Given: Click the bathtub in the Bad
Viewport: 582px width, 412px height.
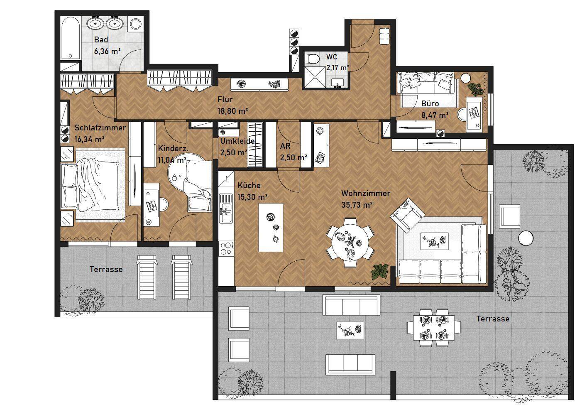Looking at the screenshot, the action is click(x=71, y=39).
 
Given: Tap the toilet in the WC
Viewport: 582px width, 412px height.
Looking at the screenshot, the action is click(x=312, y=58).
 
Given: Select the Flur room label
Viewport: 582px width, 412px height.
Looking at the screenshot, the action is click(x=225, y=99).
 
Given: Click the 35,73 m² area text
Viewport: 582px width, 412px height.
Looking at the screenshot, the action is click(x=357, y=205).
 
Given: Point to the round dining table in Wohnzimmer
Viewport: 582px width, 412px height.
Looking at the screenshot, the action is click(x=350, y=243).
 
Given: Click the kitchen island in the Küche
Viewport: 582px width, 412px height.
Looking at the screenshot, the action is click(x=271, y=228).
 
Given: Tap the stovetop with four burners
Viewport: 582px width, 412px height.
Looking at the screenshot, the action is click(x=226, y=248).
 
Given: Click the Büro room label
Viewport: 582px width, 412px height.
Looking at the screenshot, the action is click(x=430, y=104).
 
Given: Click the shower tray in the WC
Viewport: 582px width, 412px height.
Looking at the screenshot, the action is click(x=315, y=76).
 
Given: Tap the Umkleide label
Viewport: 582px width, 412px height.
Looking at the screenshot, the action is click(x=237, y=141).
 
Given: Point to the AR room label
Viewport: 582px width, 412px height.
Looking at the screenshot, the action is click(x=285, y=146).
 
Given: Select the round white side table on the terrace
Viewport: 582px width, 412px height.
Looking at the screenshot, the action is click(x=526, y=238).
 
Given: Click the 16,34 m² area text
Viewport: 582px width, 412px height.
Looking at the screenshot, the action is click(x=89, y=139).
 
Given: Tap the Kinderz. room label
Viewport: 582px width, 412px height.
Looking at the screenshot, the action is click(x=173, y=148).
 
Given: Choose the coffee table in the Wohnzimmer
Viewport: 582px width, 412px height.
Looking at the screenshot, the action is click(x=434, y=241).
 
